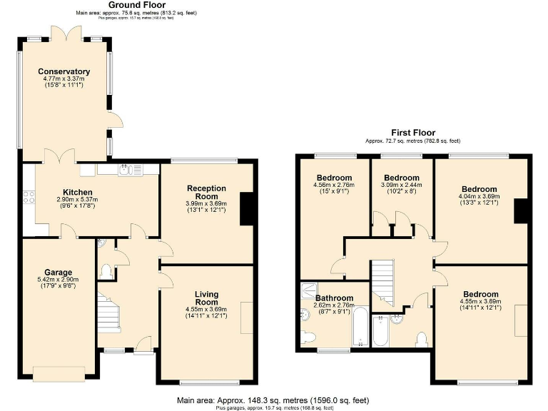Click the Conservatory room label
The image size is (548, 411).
click(x=64, y=71)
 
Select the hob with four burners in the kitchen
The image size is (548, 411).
click(x=29, y=196)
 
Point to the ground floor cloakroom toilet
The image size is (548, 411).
click(x=106, y=271)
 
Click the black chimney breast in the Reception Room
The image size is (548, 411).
click(x=248, y=208)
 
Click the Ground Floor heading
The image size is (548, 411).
click(x=136, y=5)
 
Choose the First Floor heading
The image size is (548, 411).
click(x=413, y=133)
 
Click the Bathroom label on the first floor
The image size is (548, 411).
click(x=334, y=298)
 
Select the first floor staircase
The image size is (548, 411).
click(x=384, y=278)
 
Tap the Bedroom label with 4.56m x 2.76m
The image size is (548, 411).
click(x=333, y=178)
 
